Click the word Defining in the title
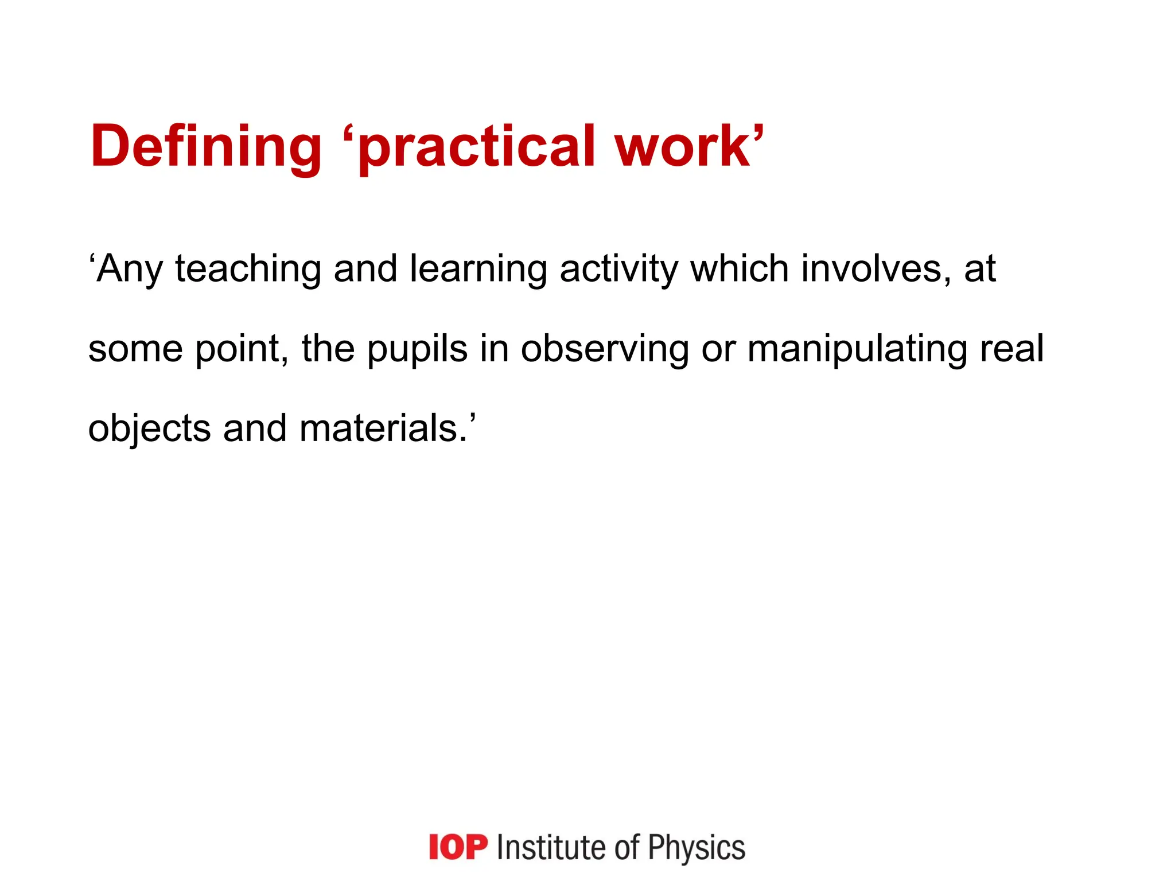(x=205, y=147)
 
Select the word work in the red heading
(x=683, y=147)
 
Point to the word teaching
(x=248, y=270)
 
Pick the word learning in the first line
(x=478, y=270)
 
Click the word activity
(x=618, y=270)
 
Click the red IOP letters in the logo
(x=458, y=847)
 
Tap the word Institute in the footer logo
(x=550, y=848)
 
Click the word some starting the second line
(x=135, y=349)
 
